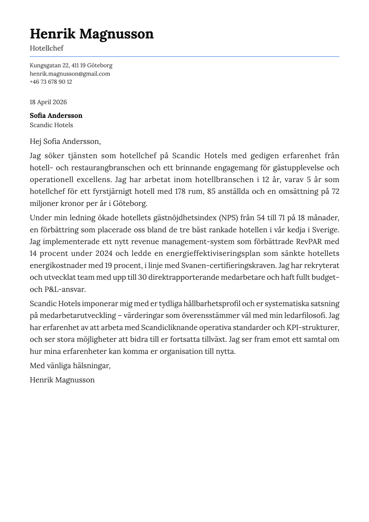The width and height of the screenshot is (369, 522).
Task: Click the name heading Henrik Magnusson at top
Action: (x=91, y=34)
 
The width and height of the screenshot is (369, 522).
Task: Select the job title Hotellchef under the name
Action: (x=47, y=48)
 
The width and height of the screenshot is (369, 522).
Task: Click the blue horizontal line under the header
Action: (x=184, y=56)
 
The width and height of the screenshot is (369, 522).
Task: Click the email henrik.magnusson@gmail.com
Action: (x=70, y=74)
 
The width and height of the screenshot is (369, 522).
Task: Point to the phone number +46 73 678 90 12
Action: (x=51, y=82)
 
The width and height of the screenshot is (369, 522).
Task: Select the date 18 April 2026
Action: (x=48, y=102)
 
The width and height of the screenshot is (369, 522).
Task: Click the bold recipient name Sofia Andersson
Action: (x=56, y=116)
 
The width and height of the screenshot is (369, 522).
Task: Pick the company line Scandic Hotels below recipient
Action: (x=51, y=125)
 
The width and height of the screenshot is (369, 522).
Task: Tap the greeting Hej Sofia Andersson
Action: (x=65, y=142)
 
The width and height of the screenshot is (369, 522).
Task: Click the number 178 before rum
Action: (x=180, y=191)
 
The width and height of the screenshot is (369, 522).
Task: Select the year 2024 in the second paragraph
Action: (x=104, y=253)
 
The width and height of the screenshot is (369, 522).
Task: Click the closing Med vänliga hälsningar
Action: (x=70, y=366)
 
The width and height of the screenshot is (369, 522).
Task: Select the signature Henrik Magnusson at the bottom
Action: (x=62, y=380)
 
